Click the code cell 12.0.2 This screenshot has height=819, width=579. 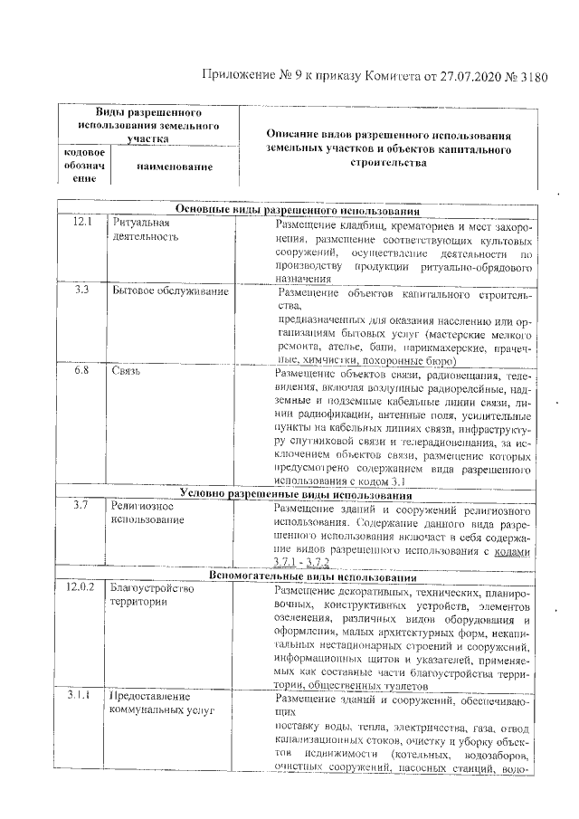pyautogui.click(x=81, y=589)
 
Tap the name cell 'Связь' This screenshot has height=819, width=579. pyautogui.click(x=126, y=372)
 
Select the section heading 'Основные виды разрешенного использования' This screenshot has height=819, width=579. pyautogui.click(x=298, y=209)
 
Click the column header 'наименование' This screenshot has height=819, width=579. pyautogui.click(x=175, y=167)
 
